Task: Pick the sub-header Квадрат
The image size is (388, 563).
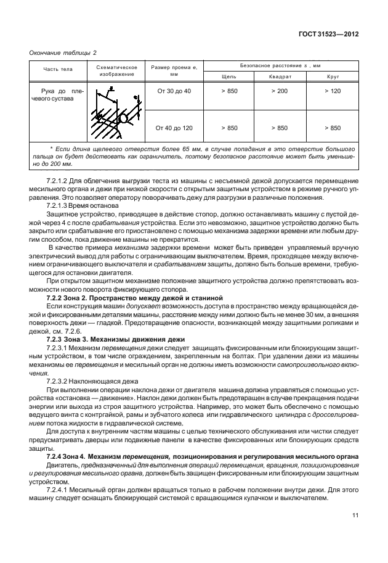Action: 280,76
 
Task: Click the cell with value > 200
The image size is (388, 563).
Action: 280,91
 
